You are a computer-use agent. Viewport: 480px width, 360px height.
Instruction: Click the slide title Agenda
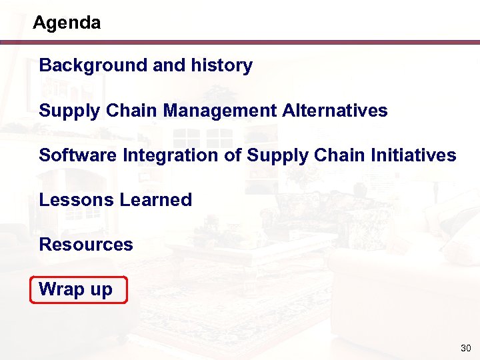67,23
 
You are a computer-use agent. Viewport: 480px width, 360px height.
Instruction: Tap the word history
222,65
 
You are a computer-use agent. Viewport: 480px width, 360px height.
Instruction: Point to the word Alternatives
335,110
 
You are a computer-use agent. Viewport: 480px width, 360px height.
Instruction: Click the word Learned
156,200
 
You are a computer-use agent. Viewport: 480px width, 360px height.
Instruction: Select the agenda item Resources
86,245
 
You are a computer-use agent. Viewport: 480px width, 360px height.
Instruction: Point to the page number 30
465,349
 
